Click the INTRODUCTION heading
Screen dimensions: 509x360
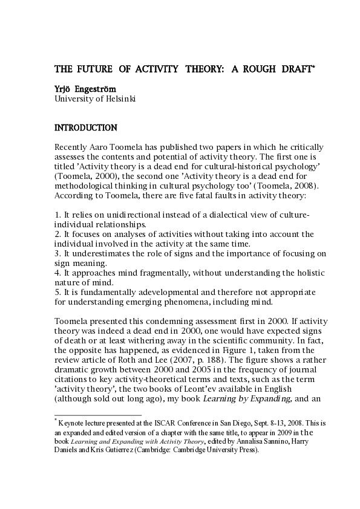pos(86,128)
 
